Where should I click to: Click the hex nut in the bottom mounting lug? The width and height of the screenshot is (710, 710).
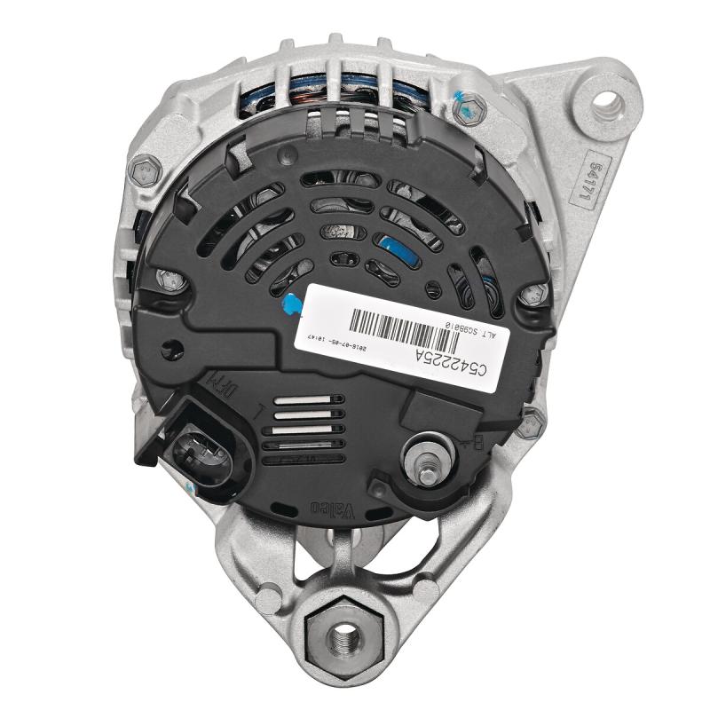(x=341, y=635)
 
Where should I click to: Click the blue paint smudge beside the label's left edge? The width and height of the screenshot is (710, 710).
(x=288, y=304)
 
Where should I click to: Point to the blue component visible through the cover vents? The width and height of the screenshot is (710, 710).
(x=397, y=248)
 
